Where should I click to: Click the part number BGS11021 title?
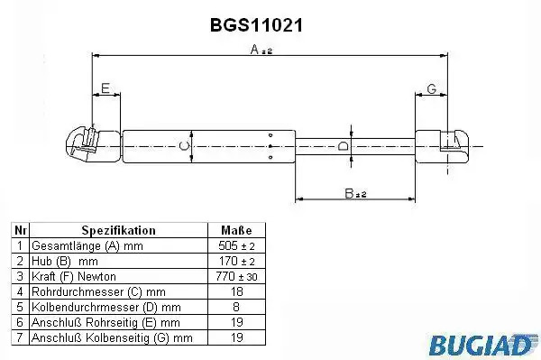point(256,25)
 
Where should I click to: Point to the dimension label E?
point(105,88)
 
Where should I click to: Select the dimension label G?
point(432,88)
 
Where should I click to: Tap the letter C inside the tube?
point(185,146)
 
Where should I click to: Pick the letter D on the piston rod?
point(343,146)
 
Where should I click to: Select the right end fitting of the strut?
point(442,146)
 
